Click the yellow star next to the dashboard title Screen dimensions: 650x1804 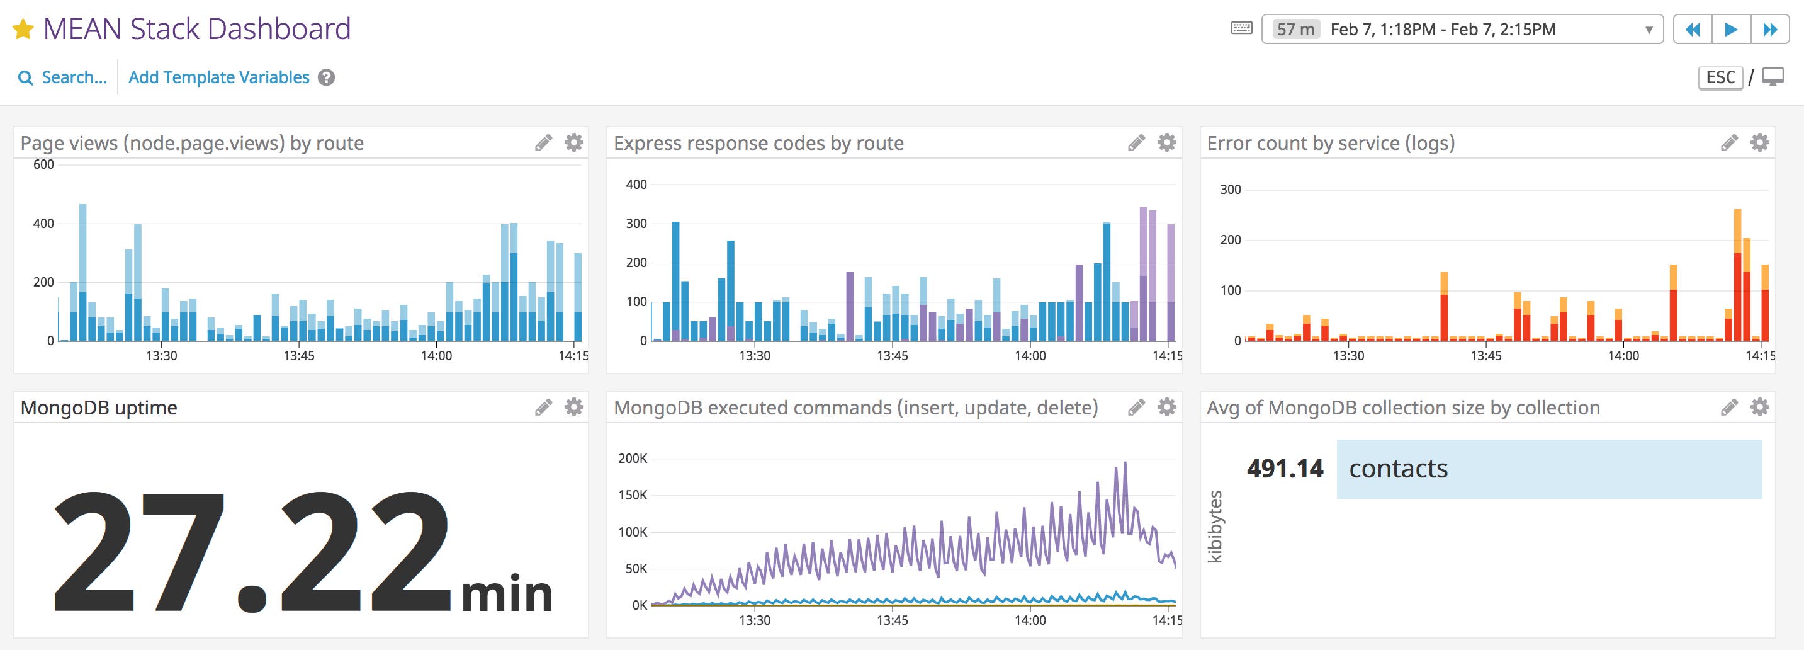coord(23,30)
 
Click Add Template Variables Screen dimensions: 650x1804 coord(218,77)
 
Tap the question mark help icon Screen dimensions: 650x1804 coord(326,77)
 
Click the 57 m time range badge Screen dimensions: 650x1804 coord(1295,30)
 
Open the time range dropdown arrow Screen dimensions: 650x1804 coord(1649,30)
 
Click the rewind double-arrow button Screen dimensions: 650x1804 coord(1693,30)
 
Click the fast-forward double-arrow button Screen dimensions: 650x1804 coord(1769,30)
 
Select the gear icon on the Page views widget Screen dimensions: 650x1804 coord(573,143)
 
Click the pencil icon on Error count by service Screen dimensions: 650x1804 coord(1729,143)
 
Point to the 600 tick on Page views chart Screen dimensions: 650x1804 coord(43,164)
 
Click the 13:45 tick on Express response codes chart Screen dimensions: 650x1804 coord(892,356)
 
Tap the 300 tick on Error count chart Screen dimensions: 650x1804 coord(1231,190)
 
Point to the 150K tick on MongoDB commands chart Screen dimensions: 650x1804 coord(633,495)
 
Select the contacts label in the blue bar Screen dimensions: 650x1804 coord(1398,469)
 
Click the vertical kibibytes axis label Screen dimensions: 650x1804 coord(1215,526)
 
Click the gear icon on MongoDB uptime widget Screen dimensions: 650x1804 coord(573,407)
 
